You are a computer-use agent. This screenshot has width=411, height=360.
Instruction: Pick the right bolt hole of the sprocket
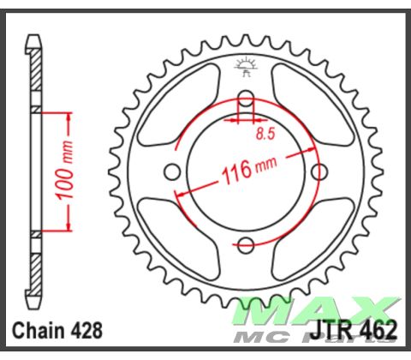319,171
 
